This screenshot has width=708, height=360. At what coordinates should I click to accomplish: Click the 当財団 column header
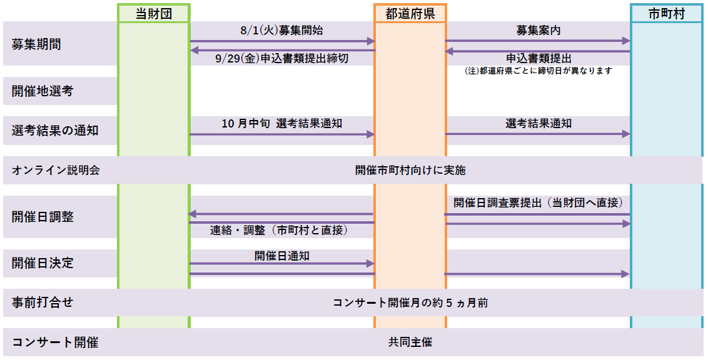tap(153, 14)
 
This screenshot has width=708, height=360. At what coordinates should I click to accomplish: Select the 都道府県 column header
tap(410, 14)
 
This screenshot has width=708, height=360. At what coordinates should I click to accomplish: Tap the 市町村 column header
tap(667, 14)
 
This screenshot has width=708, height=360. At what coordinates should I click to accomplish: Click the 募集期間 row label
tap(36, 44)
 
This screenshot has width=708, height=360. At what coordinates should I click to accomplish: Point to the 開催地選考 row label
tap(43, 91)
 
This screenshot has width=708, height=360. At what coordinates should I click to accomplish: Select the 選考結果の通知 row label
tap(54, 131)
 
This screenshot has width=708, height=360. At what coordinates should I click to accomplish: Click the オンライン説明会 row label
tap(56, 170)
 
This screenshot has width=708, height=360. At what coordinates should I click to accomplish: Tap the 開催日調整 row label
tap(43, 216)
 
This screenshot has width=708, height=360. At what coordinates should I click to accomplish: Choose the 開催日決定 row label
tap(43, 263)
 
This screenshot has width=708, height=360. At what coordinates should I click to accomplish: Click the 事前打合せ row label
tap(43, 302)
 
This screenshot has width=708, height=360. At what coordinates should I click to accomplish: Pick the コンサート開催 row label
tap(54, 342)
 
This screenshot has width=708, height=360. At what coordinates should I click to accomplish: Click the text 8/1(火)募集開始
tap(281, 30)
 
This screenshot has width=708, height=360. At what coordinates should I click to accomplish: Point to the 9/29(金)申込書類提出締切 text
tap(282, 59)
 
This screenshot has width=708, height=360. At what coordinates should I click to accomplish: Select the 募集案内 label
tap(539, 30)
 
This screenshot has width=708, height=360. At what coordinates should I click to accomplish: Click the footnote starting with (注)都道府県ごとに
tap(539, 71)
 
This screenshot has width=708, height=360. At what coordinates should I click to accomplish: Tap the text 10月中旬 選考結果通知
tap(281, 123)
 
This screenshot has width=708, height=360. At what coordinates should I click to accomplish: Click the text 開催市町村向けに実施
tap(410, 170)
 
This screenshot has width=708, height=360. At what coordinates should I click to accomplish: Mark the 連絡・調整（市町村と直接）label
tap(278, 230)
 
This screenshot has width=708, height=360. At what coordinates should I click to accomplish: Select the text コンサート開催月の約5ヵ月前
tap(410, 302)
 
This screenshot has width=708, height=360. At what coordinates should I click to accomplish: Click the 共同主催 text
tap(410, 342)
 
